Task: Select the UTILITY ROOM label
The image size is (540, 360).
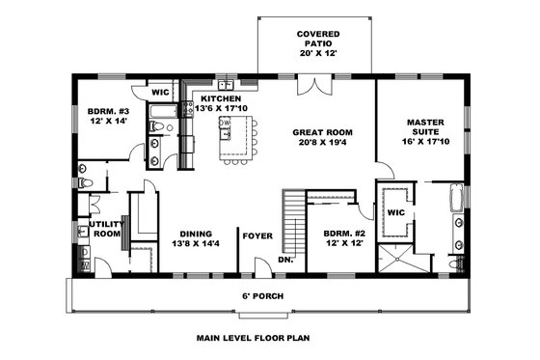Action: [x=105, y=229]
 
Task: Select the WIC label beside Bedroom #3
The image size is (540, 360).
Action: [x=161, y=93]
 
